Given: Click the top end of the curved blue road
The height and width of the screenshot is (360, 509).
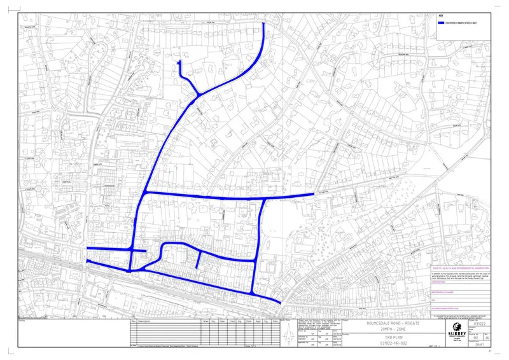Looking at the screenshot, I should [x=264, y=24].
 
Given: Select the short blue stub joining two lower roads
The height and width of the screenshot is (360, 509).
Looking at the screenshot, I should [x=200, y=260].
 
